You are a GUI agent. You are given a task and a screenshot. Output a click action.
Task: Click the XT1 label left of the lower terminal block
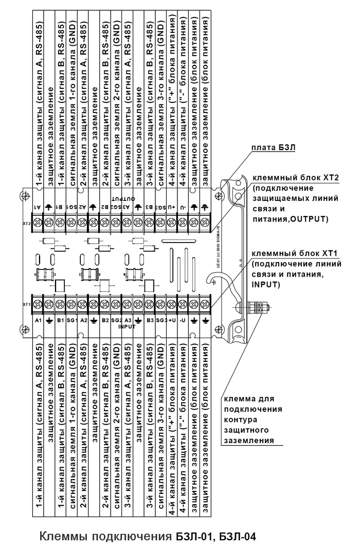click(x=27, y=304)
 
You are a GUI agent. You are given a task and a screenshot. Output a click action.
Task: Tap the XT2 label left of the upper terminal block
click(x=27, y=224)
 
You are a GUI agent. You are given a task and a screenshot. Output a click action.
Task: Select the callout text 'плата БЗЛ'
click(x=273, y=148)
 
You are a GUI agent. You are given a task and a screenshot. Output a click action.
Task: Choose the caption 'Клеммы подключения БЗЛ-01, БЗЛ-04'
click(x=147, y=537)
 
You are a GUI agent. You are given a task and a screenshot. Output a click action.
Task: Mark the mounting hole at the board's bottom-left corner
click(x=23, y=327)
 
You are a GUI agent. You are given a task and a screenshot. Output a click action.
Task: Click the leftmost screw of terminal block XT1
click(x=38, y=303)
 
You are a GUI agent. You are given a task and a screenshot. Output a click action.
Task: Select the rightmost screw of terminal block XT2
click(x=205, y=222)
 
